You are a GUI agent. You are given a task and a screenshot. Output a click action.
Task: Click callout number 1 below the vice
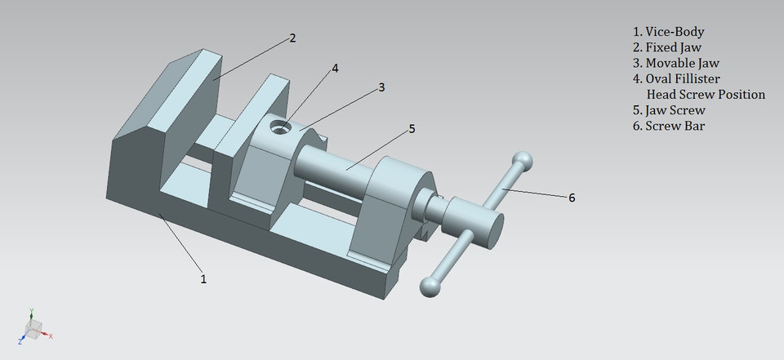tap(203, 278)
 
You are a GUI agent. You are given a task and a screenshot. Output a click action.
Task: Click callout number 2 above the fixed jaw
tap(292, 38)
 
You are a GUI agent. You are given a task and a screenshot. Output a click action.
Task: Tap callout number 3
tap(381, 87)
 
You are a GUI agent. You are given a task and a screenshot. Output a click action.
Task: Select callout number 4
tap(335, 69)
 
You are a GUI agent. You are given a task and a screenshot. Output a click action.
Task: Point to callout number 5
tap(412, 128)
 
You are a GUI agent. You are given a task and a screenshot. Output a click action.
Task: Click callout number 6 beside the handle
tap(571, 198)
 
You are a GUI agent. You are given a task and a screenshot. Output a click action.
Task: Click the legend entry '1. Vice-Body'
tap(669, 31)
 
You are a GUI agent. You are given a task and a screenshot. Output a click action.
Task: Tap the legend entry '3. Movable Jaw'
tap(675, 63)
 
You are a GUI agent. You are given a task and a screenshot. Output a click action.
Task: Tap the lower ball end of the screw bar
tap(430, 285)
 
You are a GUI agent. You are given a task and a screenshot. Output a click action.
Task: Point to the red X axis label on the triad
tap(51, 336)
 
